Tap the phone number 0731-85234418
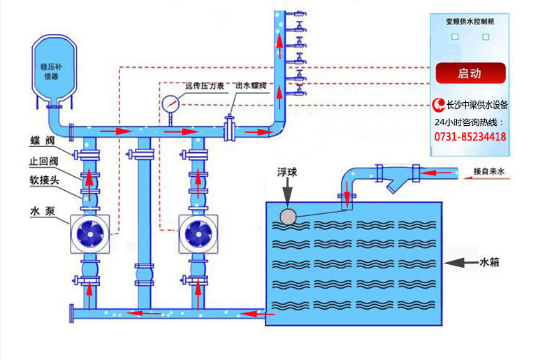[x=470, y=137]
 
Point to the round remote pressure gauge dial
[x=170, y=104]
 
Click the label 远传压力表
[x=204, y=86]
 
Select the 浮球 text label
[x=288, y=171]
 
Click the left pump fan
[x=89, y=232]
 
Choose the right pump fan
[x=198, y=232]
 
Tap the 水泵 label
[x=41, y=209]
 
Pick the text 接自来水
[x=488, y=171]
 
